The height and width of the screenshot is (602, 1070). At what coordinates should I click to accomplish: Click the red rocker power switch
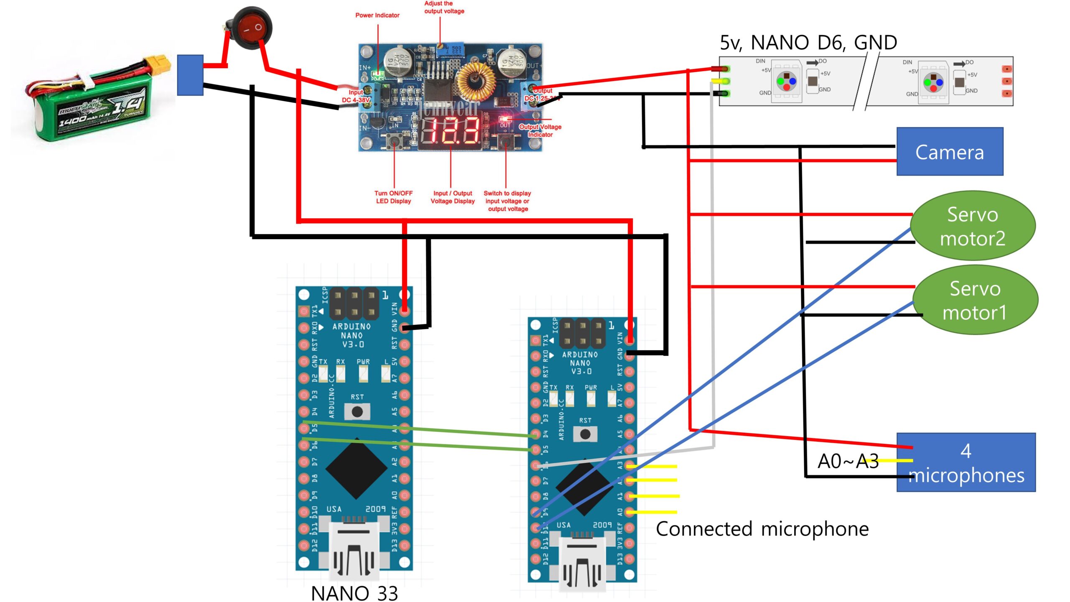pyautogui.click(x=252, y=28)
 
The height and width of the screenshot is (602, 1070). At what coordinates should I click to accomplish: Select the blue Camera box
pyautogui.click(x=950, y=152)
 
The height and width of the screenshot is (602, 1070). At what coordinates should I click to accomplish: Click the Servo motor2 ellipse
pyautogui.click(x=972, y=226)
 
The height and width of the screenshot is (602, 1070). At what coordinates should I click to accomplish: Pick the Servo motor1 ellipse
pyautogui.click(x=975, y=300)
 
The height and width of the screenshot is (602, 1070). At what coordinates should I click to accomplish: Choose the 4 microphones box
pyautogui.click(x=966, y=463)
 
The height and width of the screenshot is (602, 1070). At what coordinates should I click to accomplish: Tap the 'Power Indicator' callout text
pyautogui.click(x=377, y=15)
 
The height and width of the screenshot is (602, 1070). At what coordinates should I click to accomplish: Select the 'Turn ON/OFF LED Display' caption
pyautogui.click(x=393, y=197)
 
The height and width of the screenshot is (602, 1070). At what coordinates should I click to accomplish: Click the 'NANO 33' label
pyautogui.click(x=354, y=593)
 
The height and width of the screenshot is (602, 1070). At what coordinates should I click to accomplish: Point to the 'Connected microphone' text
pyautogui.click(x=762, y=529)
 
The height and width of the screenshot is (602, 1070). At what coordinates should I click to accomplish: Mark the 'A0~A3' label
pyautogui.click(x=848, y=462)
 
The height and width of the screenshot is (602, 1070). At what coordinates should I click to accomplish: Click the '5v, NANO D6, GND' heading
pyautogui.click(x=808, y=43)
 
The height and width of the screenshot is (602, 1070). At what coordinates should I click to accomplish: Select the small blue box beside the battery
pyautogui.click(x=190, y=75)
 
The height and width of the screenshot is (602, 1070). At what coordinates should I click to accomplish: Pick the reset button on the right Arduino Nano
pyautogui.click(x=585, y=434)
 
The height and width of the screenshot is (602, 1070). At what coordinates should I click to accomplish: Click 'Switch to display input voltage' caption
pyautogui.click(x=507, y=201)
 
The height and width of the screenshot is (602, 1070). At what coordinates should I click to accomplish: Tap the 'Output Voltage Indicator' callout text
pyautogui.click(x=540, y=130)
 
